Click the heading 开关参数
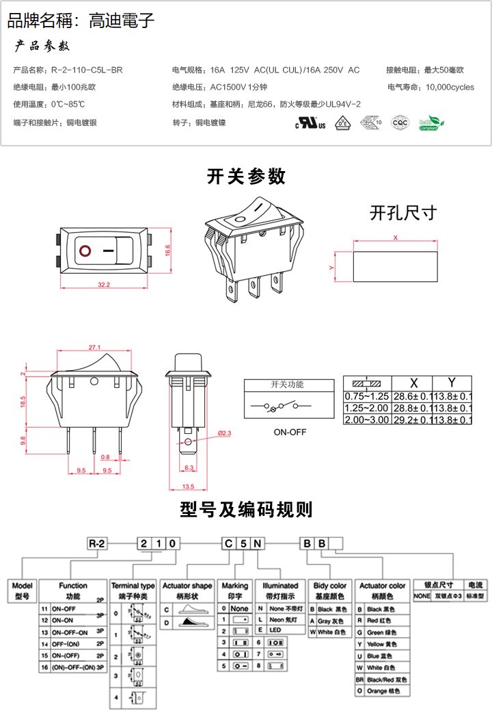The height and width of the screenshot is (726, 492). pos(246,176)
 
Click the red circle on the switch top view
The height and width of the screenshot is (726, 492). pos(85,250)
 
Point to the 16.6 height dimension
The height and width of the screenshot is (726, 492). pos(168,251)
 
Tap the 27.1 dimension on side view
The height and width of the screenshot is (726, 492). pos(95,347)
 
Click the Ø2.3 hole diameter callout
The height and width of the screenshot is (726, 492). pos(225,433)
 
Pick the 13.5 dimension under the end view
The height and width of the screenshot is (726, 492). pos(188,487)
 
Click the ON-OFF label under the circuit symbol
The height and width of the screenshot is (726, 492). pos(290,432)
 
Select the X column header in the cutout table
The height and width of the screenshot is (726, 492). pos(413,383)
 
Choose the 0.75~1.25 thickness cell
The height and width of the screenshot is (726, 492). pos(366,396)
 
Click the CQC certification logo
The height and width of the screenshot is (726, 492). pos(399,122)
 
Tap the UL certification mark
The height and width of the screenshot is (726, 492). pos(306,123)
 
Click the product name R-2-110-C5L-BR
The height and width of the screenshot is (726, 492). pos(87,70)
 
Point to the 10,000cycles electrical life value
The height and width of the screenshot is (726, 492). pos(450,87)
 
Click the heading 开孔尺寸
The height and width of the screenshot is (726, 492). pos(402,213)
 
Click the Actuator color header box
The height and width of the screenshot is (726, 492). pos(383,590)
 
